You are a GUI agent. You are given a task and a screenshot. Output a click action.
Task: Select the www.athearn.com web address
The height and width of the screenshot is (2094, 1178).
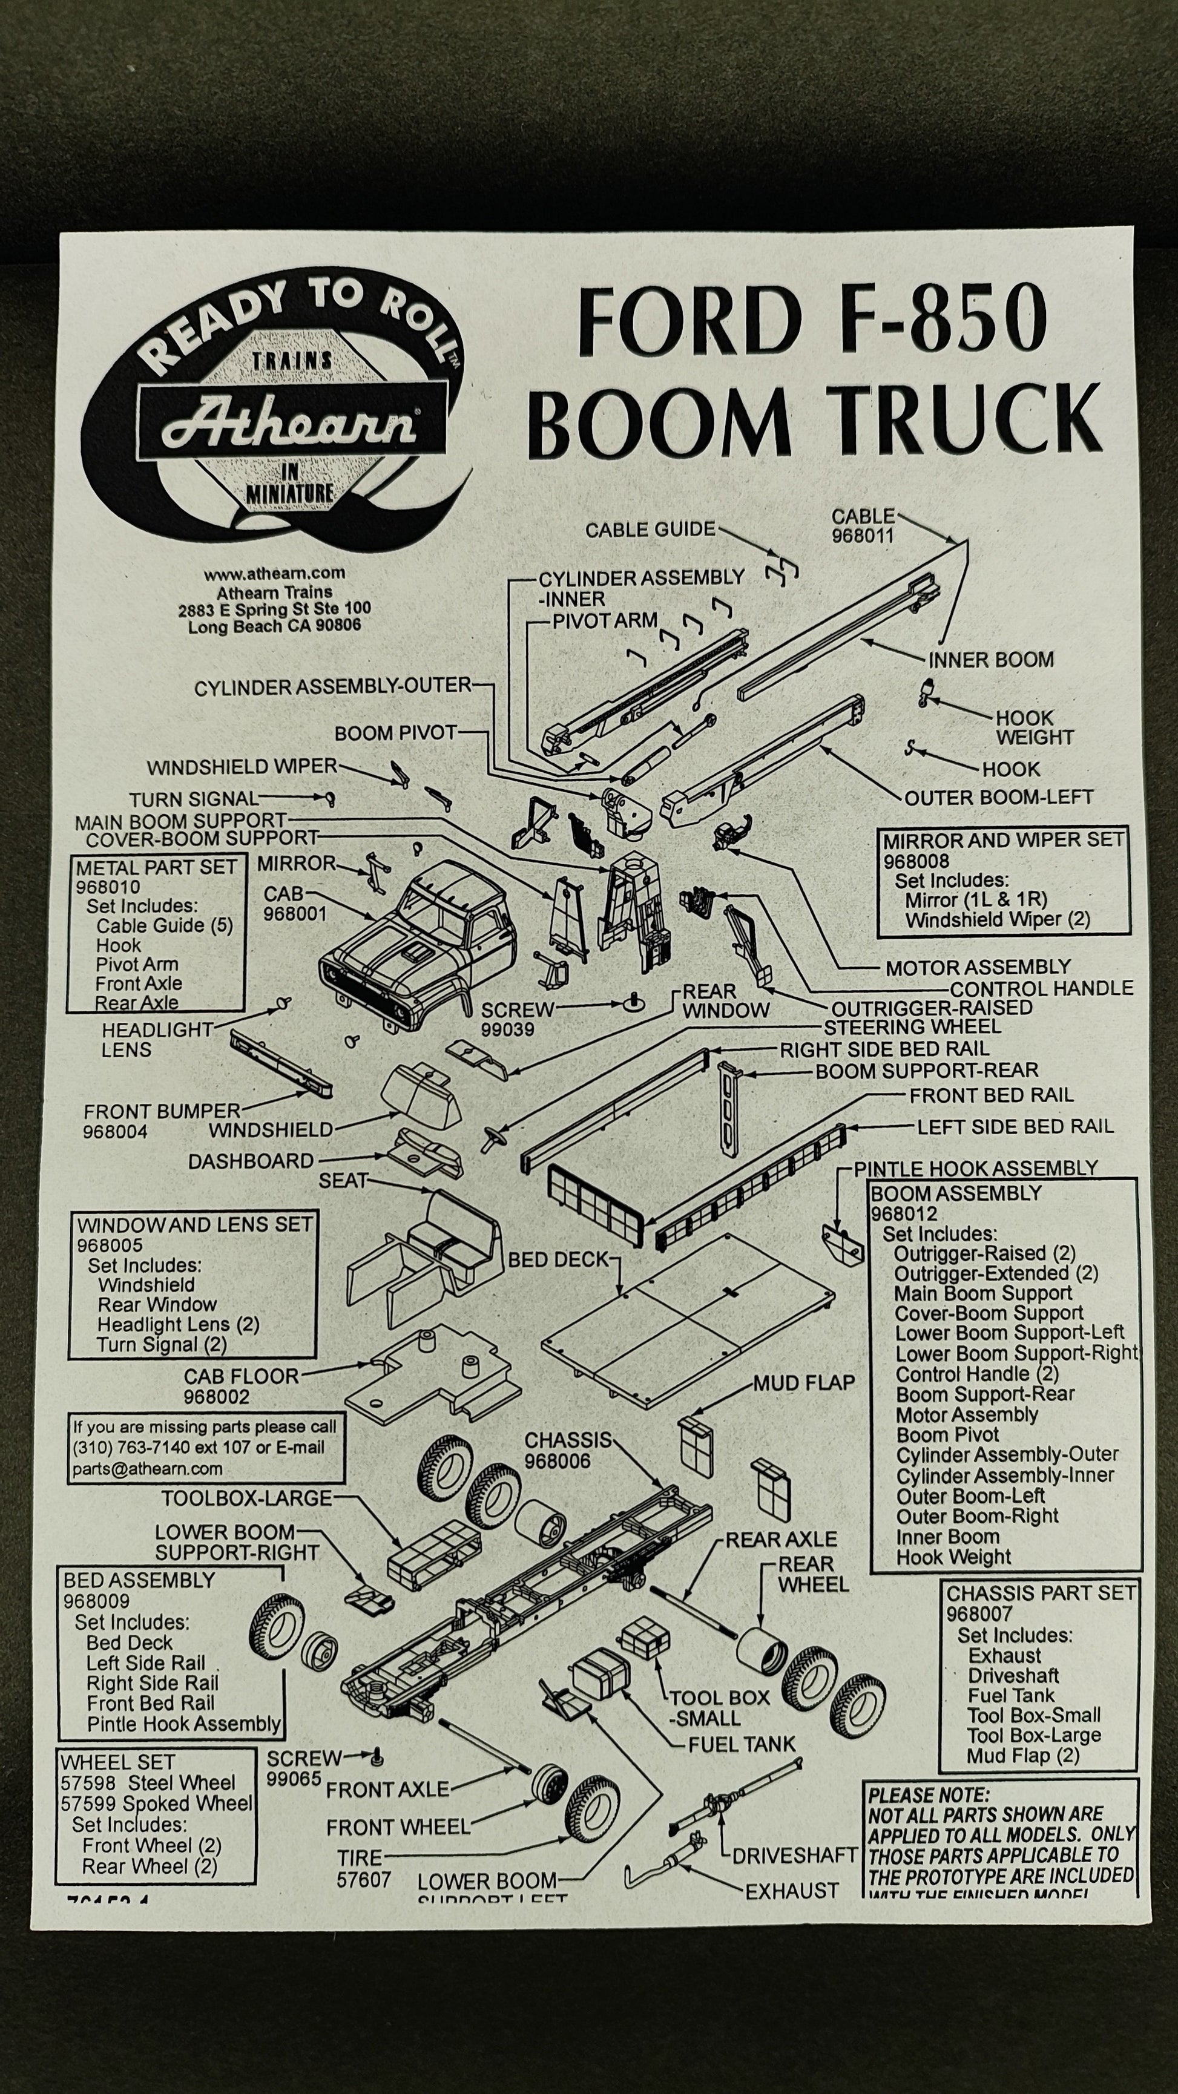[x=274, y=573]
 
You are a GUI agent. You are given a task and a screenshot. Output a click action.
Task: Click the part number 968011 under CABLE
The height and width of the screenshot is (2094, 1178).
[x=862, y=536]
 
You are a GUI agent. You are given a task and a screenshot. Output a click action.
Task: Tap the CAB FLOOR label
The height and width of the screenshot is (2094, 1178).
[x=241, y=1376]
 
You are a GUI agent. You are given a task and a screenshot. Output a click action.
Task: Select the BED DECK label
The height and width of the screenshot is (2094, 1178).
[x=558, y=1259]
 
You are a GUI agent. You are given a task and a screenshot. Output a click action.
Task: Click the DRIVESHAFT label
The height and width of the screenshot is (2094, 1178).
[x=794, y=1856]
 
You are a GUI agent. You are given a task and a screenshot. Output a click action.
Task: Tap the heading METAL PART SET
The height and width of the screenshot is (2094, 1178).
[x=156, y=867]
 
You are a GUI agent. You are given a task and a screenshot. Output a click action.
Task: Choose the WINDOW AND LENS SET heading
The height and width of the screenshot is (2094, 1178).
[x=194, y=1224]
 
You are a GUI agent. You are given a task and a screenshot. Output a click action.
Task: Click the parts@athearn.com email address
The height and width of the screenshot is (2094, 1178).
[x=147, y=1468]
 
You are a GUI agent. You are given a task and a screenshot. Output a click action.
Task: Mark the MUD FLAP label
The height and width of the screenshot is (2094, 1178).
[x=803, y=1383]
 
